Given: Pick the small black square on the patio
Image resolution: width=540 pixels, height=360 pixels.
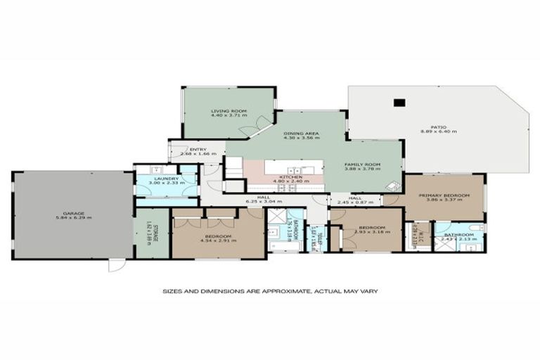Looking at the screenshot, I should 399,103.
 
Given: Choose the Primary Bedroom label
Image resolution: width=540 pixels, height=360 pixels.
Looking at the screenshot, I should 438,197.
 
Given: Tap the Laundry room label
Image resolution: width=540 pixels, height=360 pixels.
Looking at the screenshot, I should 166,181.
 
